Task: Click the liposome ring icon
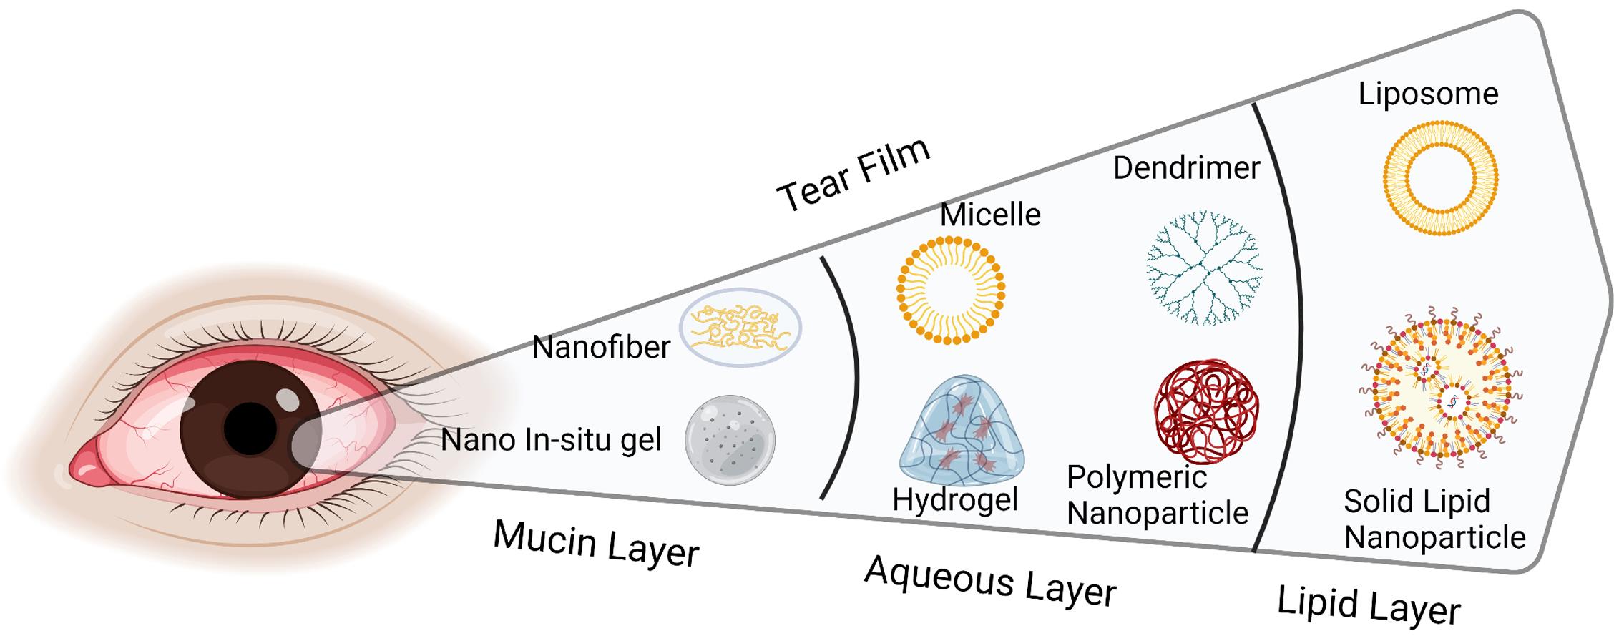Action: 1440,177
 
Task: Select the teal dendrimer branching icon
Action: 1204,268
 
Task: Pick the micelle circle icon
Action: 951,289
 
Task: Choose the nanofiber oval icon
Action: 740,328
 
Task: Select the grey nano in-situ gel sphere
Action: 730,440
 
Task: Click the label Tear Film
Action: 853,175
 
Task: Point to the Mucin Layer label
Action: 596,544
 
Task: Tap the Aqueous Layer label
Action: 990,581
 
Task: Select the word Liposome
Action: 1428,94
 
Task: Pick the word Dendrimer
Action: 1186,168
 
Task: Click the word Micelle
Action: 990,215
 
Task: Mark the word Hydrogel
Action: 955,499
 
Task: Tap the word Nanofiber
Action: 601,348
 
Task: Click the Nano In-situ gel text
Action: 551,440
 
